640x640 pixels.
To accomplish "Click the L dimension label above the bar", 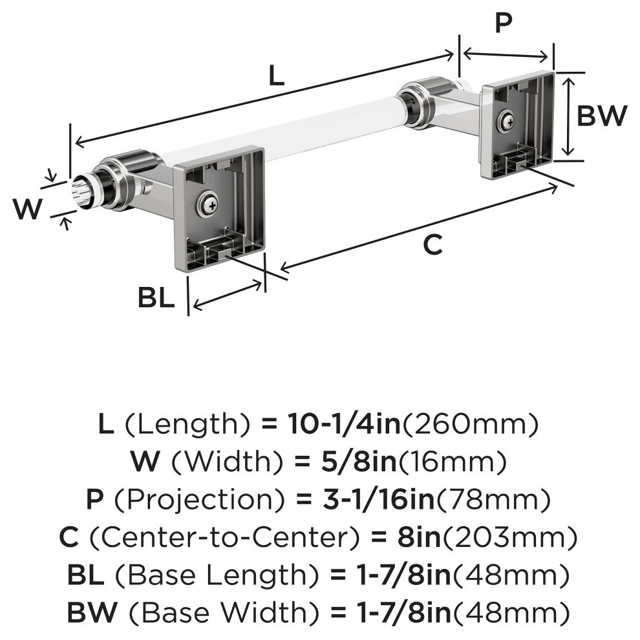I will pos(276,77).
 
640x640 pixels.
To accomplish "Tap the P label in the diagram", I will pos(503,23).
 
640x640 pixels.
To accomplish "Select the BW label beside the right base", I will pos(602,116).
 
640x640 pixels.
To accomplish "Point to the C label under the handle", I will pos(432,246).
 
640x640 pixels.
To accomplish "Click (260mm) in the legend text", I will pos(470,425).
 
